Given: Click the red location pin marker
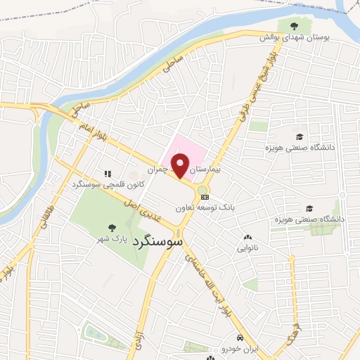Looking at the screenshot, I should click(181, 166).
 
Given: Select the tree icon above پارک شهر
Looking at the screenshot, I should click(111, 227).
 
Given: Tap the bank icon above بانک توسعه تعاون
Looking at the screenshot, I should click(204, 198).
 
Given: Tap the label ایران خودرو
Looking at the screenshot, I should click(231, 349).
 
